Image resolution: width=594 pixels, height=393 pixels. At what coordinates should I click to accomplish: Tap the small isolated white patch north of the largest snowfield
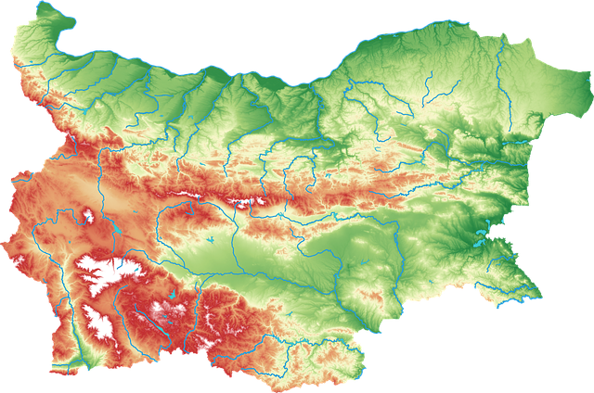point(88,217)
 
